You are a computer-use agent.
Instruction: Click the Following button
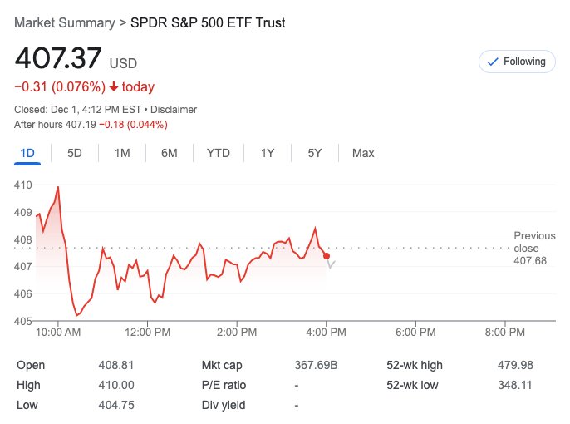tap(517, 62)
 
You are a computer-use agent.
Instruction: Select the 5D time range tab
tap(75, 153)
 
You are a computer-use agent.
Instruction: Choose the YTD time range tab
tap(219, 153)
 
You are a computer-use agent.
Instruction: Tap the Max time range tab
tap(363, 153)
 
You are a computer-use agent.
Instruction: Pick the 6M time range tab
tap(170, 153)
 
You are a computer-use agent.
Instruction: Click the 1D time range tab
tap(27, 153)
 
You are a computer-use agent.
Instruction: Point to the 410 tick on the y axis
tap(23, 185)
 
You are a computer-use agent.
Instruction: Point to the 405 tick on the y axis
tap(23, 321)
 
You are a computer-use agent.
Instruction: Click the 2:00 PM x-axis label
tap(237, 333)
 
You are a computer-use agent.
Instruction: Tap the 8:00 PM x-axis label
tap(504, 333)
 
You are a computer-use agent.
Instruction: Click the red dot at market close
tap(327, 256)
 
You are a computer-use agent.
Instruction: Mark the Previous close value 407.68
tap(530, 261)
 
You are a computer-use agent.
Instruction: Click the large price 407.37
tap(58, 59)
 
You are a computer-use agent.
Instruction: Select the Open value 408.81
tap(116, 365)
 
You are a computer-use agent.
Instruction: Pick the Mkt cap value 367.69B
tap(317, 365)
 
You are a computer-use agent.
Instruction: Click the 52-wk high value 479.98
tap(515, 365)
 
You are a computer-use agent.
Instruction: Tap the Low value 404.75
tap(116, 405)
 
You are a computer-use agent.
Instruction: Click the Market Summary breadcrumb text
tap(64, 22)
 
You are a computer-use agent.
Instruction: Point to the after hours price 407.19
tap(81, 125)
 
